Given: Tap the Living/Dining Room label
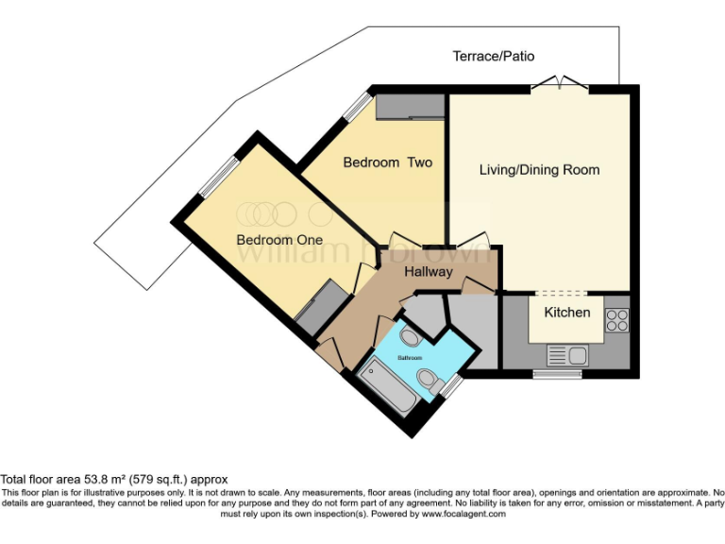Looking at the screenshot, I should click(x=539, y=170).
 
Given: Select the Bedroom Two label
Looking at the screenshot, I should click(x=387, y=162).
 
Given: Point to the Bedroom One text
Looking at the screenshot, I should click(x=279, y=240).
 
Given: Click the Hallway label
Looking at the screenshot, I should click(x=429, y=272).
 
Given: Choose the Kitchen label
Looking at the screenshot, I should click(x=566, y=312).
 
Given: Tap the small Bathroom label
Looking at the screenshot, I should click(x=412, y=358).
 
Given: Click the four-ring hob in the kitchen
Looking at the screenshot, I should click(x=616, y=320).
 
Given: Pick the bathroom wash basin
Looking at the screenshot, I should click(x=394, y=338).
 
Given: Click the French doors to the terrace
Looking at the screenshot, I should click(x=560, y=86).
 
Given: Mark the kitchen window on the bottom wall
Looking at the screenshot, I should click(x=557, y=374).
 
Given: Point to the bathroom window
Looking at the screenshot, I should click(x=452, y=384).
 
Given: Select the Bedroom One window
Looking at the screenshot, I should click(x=218, y=178).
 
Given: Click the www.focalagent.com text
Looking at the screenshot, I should click(x=464, y=515).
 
